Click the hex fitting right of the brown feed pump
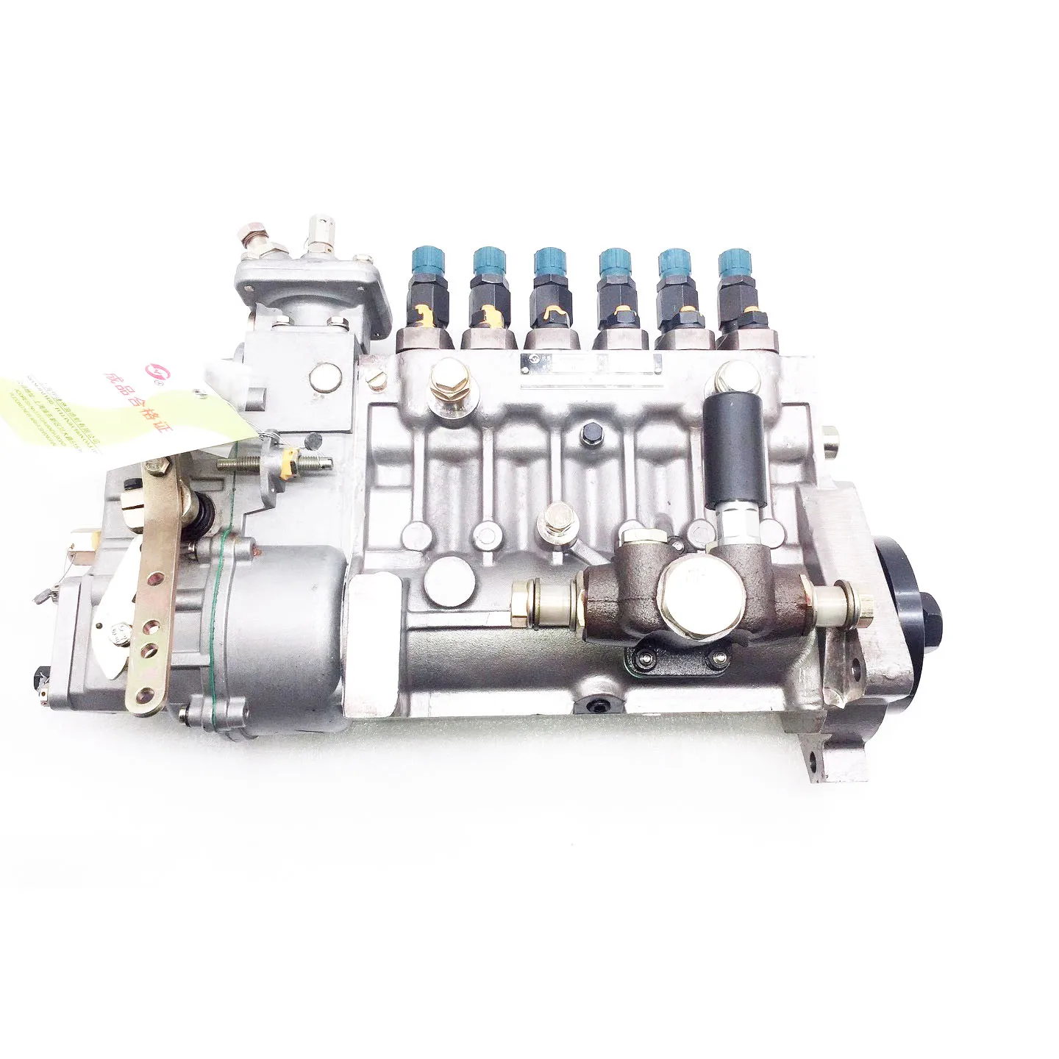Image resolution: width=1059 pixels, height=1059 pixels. pyautogui.click(x=846, y=597)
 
